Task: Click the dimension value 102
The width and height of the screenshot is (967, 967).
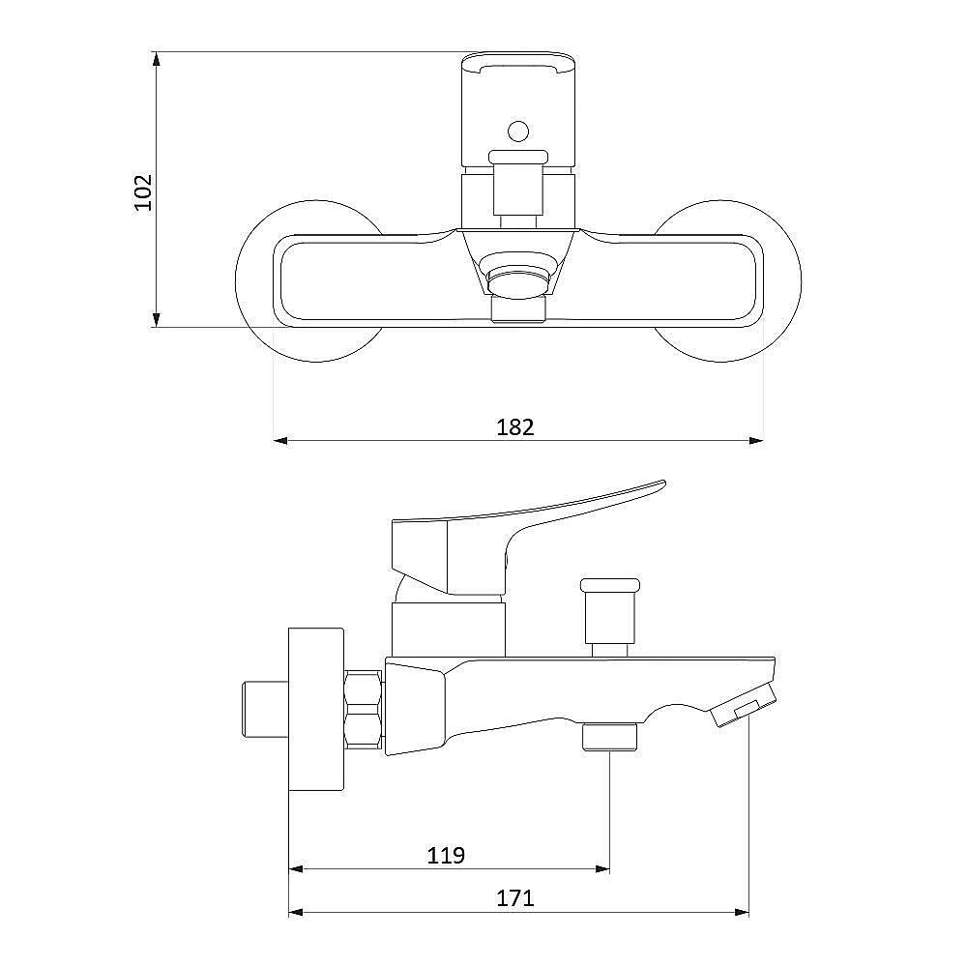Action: point(143,192)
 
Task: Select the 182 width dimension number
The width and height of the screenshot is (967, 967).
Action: point(515,426)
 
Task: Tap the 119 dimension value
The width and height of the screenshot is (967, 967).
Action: point(446,855)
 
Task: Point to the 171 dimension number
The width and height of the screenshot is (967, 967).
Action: point(515,898)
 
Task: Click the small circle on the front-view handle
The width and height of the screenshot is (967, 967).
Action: point(518,131)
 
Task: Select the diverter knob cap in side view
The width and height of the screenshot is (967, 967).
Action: point(610,583)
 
